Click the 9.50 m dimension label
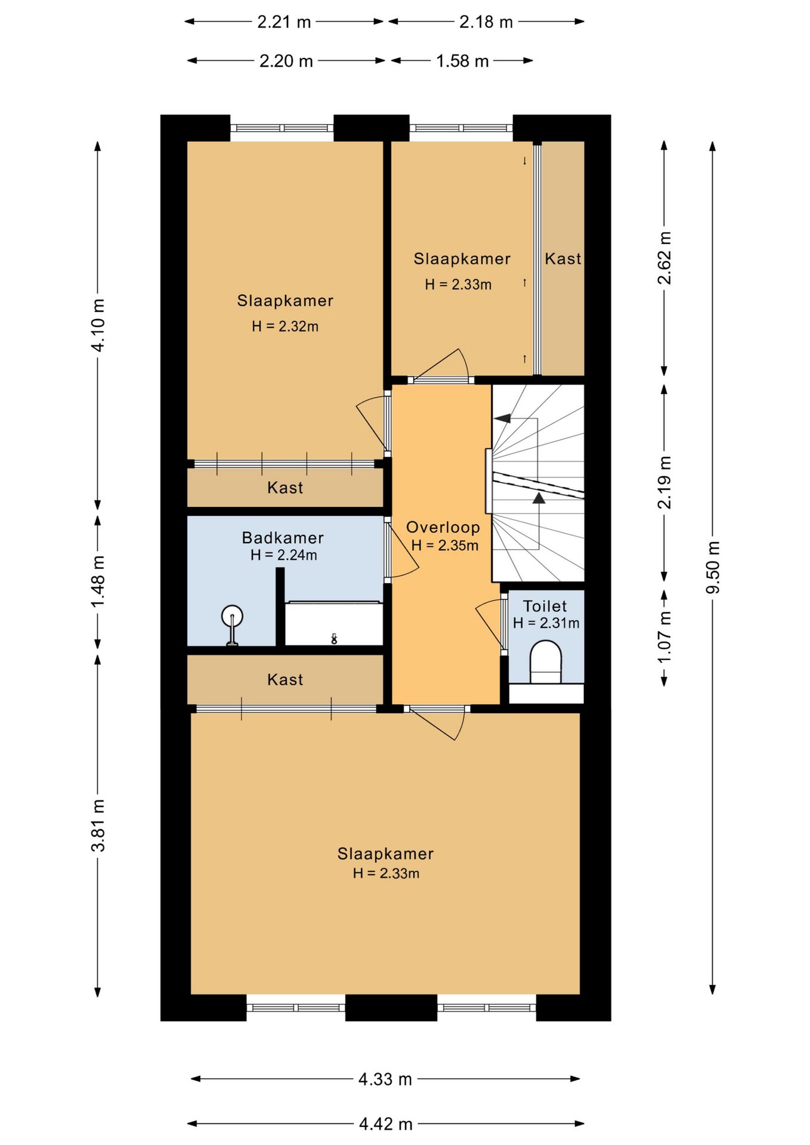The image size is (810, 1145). pos(713,567)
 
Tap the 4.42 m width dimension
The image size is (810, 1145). pos(386,1124)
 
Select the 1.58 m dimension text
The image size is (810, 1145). pos(462,61)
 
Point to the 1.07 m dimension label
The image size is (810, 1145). pos(664,637)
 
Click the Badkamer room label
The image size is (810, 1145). pos(283,537)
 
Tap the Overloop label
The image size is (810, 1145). pos(443,527)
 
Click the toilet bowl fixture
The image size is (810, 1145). pos(546,662)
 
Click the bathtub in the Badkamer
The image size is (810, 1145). pos(334,623)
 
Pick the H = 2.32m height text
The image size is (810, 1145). pos(285,326)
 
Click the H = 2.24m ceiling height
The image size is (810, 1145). pos(284,555)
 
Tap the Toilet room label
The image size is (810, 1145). pos(545,606)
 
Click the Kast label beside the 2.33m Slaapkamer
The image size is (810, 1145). pos(563,259)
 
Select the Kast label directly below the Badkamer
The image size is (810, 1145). pos(285,680)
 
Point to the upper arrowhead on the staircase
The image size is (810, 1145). pos(503,418)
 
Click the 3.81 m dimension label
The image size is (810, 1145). pos(98,825)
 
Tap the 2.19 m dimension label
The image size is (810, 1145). pos(664,482)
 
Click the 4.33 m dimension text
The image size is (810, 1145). pos(385,1079)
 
